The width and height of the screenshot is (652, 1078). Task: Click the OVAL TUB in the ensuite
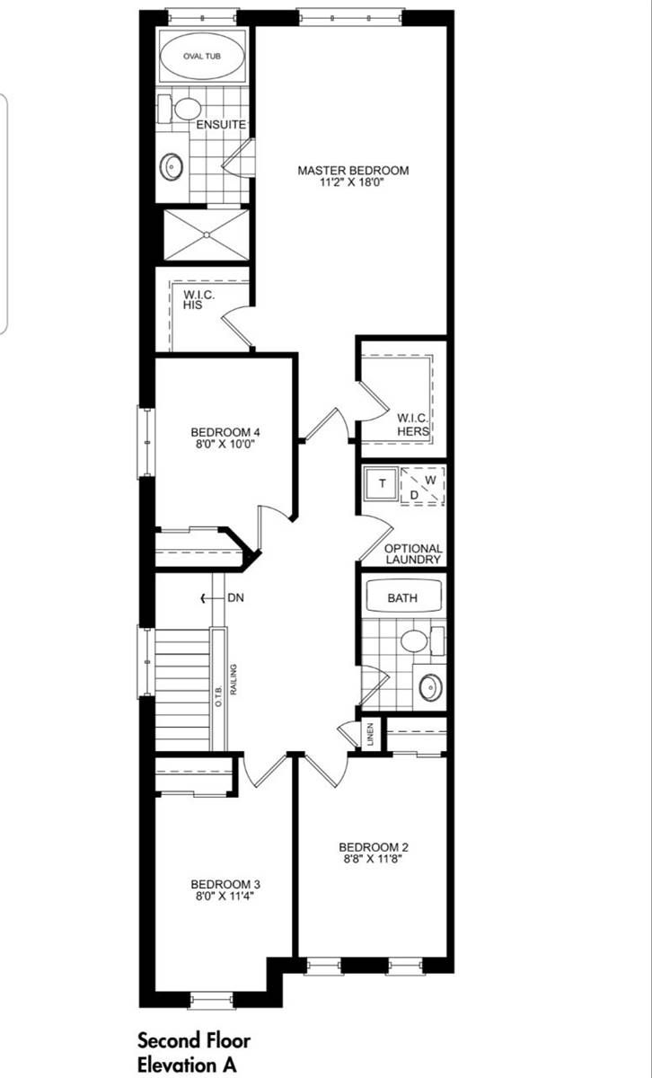coord(201,57)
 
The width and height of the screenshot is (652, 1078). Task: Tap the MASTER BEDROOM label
coord(353,170)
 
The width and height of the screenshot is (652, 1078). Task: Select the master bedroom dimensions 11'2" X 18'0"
coord(353,183)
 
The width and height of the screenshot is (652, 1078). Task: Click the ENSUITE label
coord(222,125)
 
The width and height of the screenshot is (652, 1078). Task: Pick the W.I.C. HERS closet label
coord(413,424)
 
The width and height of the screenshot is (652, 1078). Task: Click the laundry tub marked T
coord(382,484)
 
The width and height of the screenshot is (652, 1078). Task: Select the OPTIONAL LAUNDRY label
coord(413,553)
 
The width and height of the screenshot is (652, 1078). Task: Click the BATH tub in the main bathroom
coord(401,597)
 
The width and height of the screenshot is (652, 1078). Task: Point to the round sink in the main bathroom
coord(431,687)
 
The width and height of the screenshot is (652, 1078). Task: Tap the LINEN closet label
coord(369,734)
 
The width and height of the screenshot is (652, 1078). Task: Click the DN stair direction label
coord(235,597)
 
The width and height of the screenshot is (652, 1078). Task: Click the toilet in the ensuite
coord(186,109)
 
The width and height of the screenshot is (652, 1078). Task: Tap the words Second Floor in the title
coord(194,1040)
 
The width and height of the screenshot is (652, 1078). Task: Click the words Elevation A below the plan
coord(186,1065)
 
